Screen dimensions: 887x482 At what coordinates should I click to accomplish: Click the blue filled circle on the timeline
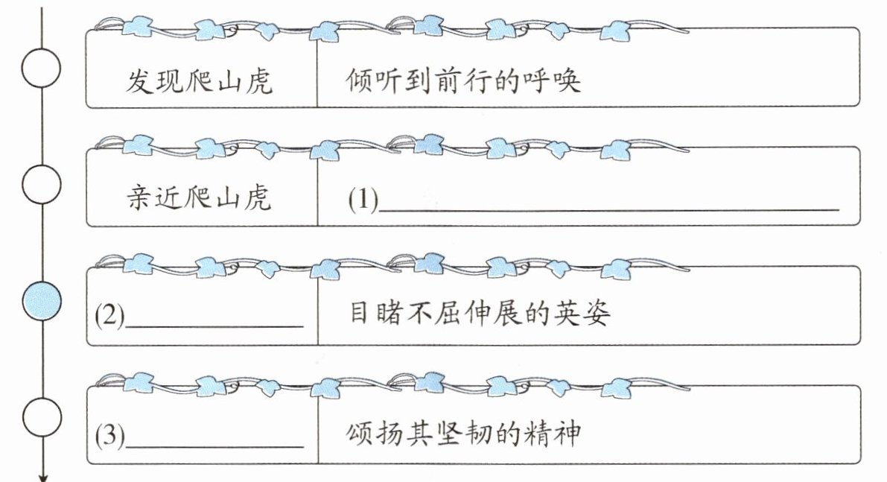coord(42,301)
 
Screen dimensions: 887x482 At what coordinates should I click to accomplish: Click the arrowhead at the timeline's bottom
coord(42,478)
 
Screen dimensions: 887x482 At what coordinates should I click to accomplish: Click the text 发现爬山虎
coord(199,81)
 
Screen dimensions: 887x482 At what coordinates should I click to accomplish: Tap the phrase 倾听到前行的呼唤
coord(463,80)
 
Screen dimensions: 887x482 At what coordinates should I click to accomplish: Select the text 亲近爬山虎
coord(199,197)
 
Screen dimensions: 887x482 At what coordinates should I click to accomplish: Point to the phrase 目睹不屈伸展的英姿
coord(480,313)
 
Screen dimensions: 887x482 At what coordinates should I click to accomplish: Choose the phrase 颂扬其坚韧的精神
coord(463,434)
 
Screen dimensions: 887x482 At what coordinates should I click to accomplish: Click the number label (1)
coord(363,199)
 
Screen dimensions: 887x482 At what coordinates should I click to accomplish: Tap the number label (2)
coord(110,315)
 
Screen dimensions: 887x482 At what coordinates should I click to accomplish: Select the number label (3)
coord(110,435)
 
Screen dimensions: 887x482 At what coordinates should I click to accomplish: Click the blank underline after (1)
coord(608,210)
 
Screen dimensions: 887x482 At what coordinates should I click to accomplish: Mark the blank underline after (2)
coord(214,326)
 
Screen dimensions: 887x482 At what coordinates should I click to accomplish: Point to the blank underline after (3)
coord(214,446)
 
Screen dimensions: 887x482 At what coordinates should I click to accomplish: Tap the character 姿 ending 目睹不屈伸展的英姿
coord(597,313)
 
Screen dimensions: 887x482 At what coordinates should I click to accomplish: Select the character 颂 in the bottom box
coord(360,434)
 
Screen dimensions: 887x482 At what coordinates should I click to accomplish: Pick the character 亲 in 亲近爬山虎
coord(139,197)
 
